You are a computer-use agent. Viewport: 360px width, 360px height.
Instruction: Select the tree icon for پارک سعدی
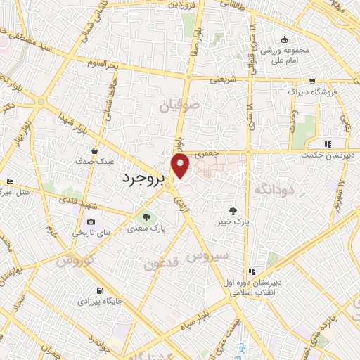click(146, 217)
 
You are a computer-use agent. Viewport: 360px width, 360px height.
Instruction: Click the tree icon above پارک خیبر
click(233, 210)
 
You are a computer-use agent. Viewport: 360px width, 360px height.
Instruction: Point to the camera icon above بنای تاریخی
click(91, 222)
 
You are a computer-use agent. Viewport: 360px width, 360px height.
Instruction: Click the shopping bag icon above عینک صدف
click(94, 150)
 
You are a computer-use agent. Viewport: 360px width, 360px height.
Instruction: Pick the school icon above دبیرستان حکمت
click(328, 144)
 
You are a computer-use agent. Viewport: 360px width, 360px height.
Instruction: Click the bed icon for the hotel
click(9, 181)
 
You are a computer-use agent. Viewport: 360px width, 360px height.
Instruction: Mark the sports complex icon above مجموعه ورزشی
click(283, 40)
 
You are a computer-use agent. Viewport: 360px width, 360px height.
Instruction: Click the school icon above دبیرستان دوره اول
click(251, 271)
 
